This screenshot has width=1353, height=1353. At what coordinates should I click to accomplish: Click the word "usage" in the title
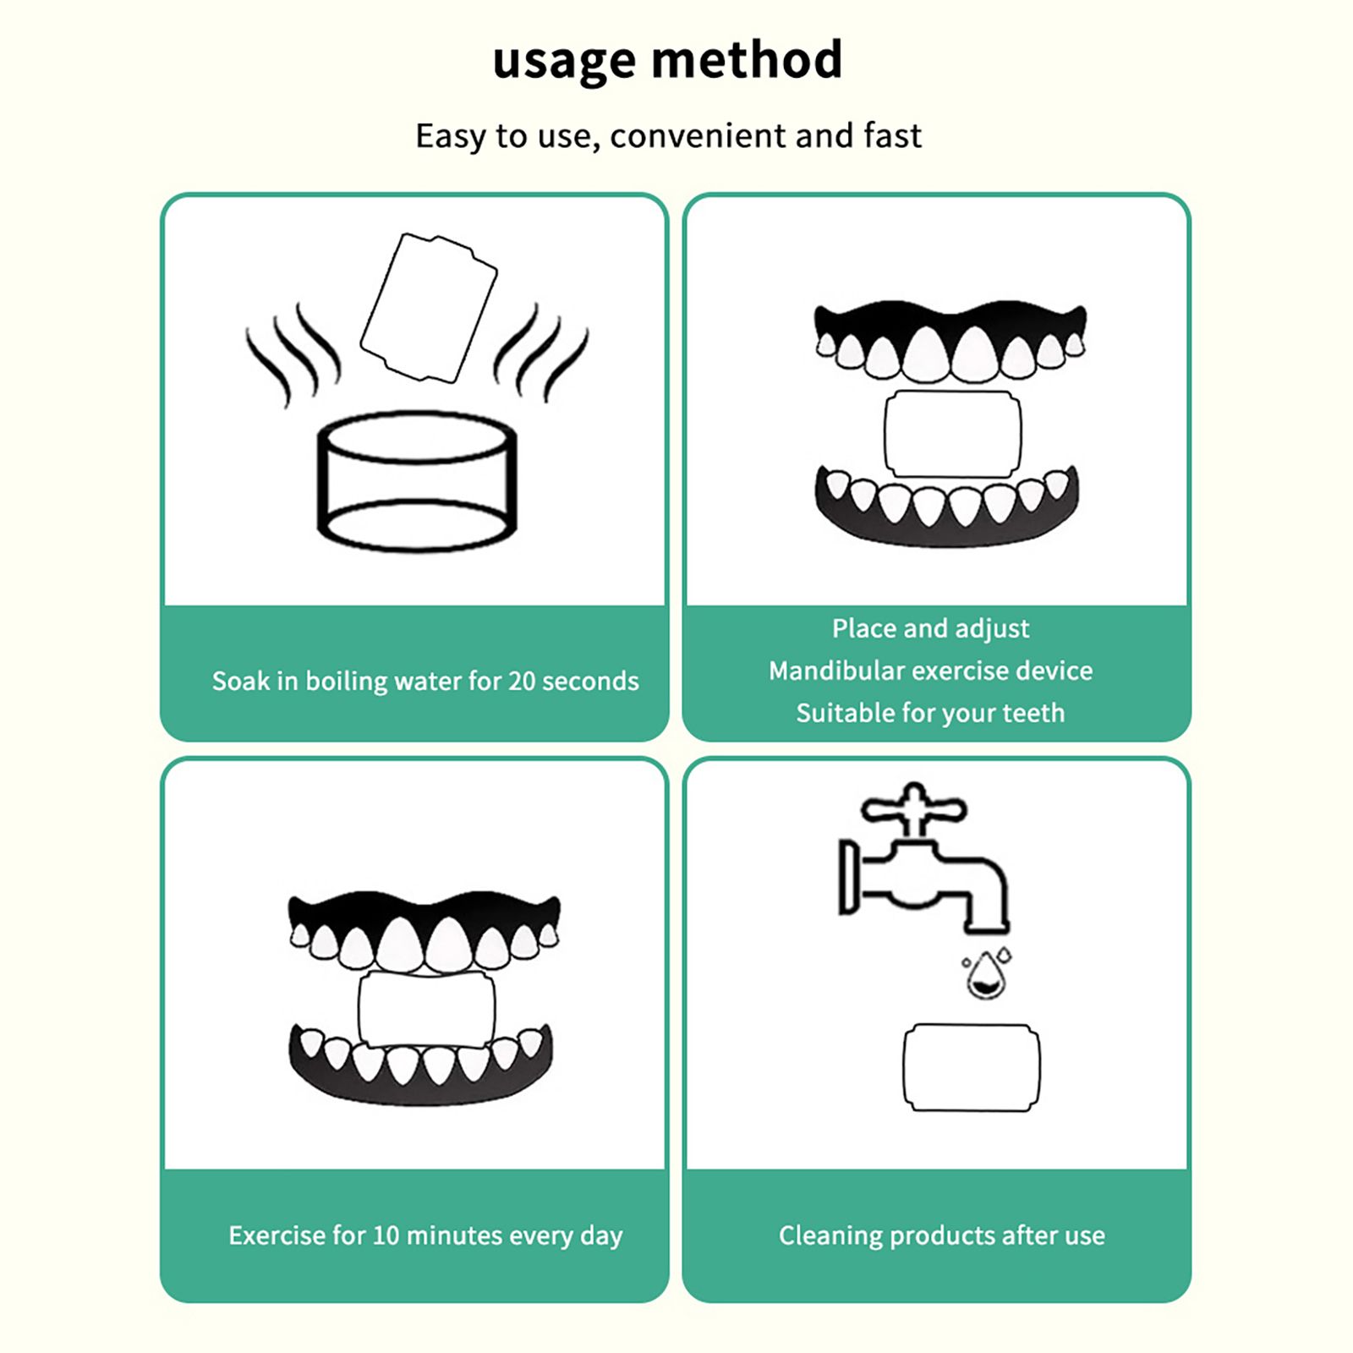pyautogui.click(x=564, y=61)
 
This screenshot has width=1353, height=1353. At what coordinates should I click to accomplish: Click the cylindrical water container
pyautogui.click(x=416, y=482)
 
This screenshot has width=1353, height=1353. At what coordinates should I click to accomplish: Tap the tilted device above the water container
pyautogui.click(x=429, y=308)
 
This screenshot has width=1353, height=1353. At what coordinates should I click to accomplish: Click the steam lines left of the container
pyautogui.click(x=292, y=355)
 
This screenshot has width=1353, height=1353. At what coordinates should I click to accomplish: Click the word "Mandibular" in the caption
pyautogui.click(x=836, y=671)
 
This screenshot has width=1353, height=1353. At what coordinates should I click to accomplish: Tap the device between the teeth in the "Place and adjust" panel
pyautogui.click(x=952, y=434)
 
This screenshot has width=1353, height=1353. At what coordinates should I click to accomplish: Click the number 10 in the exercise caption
pyautogui.click(x=386, y=1235)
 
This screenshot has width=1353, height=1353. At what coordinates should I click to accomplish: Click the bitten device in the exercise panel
pyautogui.click(x=426, y=1010)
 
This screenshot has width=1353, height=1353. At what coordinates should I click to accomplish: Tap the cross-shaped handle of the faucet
pyautogui.click(x=913, y=808)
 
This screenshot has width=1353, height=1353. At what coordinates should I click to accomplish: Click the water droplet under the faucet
pyautogui.click(x=986, y=975)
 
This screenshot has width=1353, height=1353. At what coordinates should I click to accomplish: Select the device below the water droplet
pyautogui.click(x=972, y=1067)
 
